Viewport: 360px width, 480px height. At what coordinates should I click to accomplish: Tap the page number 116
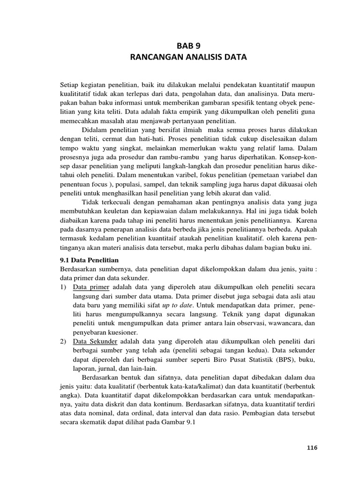(312, 448)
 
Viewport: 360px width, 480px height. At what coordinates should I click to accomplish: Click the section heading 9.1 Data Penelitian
(90, 260)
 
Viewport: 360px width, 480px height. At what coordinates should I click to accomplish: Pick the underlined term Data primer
(91, 286)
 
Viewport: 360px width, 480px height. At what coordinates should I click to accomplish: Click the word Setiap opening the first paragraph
(70, 84)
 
